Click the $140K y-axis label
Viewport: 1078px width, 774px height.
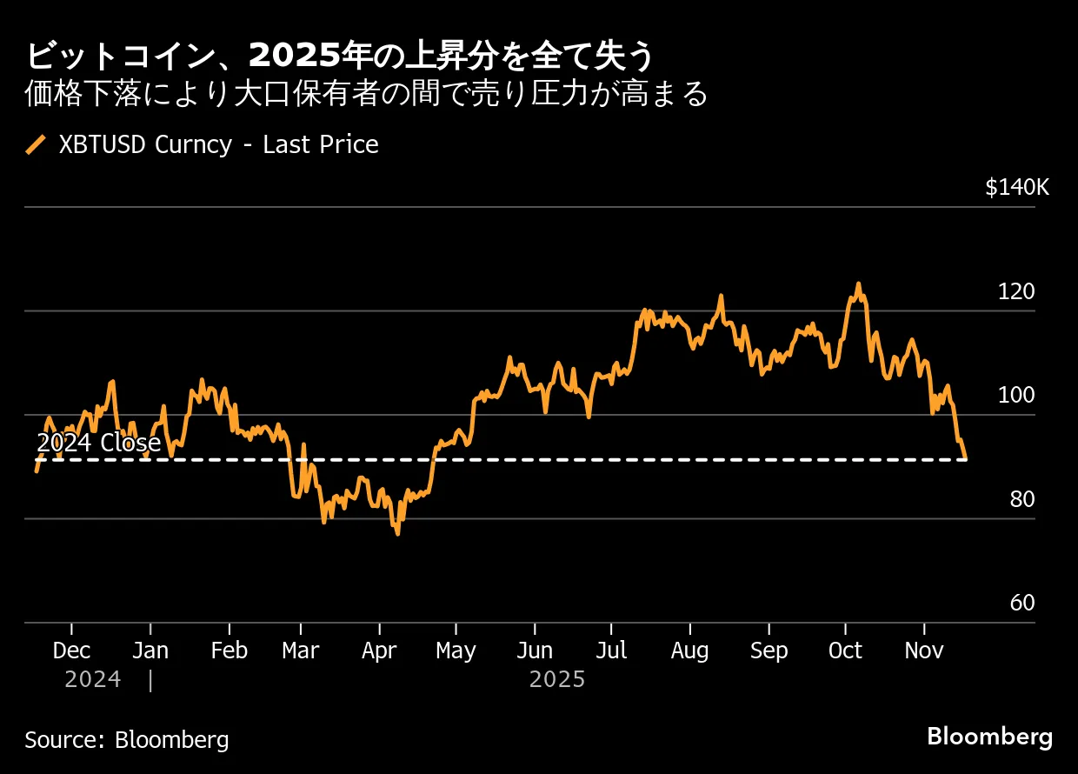pos(1017,188)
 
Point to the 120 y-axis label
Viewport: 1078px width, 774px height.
pos(1016,292)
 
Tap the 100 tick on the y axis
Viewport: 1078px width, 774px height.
pos(1016,396)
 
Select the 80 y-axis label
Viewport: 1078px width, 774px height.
pos(1021,500)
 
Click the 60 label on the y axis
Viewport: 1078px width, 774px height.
pos(1021,604)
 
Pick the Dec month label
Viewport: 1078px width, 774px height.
pos(71,651)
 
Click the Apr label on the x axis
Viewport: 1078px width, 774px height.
pos(379,651)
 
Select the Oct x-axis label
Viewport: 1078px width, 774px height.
pos(845,651)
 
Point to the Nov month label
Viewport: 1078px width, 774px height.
pos(923,651)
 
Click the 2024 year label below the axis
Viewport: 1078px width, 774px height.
pos(92,679)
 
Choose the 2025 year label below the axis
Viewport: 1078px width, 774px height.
pos(557,679)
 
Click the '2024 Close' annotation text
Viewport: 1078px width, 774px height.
pos(99,444)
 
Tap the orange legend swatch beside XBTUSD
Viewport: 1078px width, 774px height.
pos(37,144)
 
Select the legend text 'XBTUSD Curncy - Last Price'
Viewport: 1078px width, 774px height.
pos(218,144)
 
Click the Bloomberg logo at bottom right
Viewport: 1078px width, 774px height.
pos(989,737)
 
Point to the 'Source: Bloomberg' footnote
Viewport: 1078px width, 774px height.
pos(127,740)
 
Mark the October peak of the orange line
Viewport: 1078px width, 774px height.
pos(857,284)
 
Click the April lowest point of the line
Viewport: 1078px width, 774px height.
pos(397,533)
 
